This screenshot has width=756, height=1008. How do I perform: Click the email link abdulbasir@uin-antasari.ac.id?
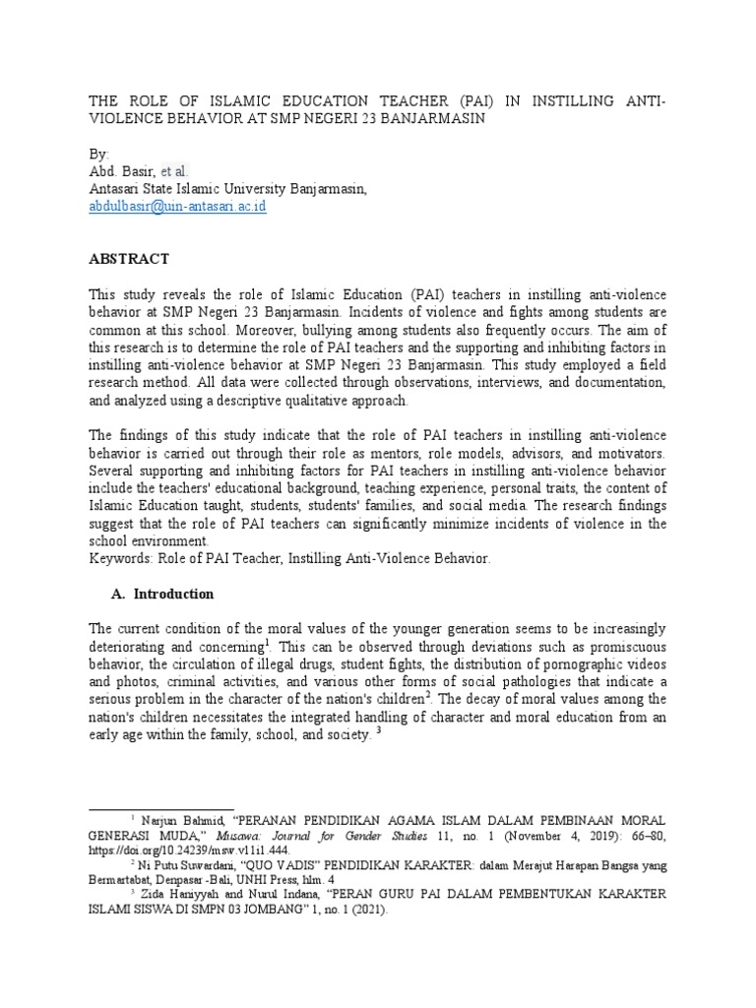pos(177,207)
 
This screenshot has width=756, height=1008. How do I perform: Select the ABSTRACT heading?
pos(129,259)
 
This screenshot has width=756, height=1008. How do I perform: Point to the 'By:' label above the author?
pos(100,155)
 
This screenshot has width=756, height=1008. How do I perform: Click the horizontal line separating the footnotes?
pos(161,808)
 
